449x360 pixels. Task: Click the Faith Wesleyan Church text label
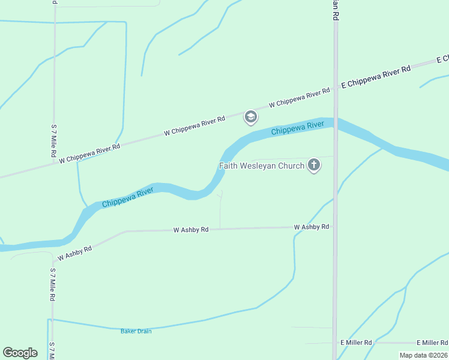point(262,166)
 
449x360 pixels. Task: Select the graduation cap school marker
point(250,117)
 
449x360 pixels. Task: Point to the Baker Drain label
point(136,331)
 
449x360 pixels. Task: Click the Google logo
point(20,353)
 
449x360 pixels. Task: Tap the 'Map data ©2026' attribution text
point(423,355)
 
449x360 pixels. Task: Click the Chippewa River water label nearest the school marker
point(298,128)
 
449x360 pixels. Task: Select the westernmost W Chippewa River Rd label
point(90,152)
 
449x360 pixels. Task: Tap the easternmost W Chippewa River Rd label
point(300,97)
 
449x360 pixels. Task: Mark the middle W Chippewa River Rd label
point(194,125)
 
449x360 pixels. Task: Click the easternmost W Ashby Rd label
point(312,227)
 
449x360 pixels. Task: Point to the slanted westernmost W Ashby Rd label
point(74,254)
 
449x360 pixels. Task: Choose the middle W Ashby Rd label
point(191,230)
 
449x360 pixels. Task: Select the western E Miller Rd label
point(356,343)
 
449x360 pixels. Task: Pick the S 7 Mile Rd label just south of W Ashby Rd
point(53,284)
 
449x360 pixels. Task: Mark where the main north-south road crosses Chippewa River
point(336,123)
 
